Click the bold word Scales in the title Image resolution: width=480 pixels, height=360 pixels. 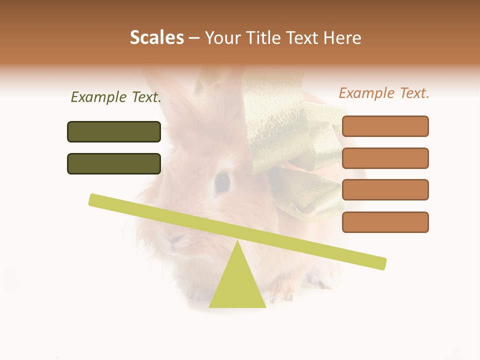pyautogui.click(x=156, y=37)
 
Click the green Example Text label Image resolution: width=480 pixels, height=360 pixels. pyautogui.click(x=116, y=97)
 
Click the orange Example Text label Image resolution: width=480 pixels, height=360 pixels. pyautogui.click(x=384, y=93)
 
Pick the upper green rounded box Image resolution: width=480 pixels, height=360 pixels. pyautogui.click(x=114, y=131)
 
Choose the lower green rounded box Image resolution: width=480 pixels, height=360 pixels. pyautogui.click(x=114, y=163)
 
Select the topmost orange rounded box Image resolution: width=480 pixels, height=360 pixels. pyautogui.click(x=385, y=126)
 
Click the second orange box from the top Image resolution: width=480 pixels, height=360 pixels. pyautogui.click(x=385, y=158)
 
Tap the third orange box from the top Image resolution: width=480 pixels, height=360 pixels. pyautogui.click(x=385, y=190)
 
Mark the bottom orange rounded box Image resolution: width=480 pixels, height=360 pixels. pyautogui.click(x=385, y=222)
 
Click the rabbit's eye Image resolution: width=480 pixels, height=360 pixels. pyautogui.click(x=222, y=182)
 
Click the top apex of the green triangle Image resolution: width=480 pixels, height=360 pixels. pyautogui.click(x=237, y=242)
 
